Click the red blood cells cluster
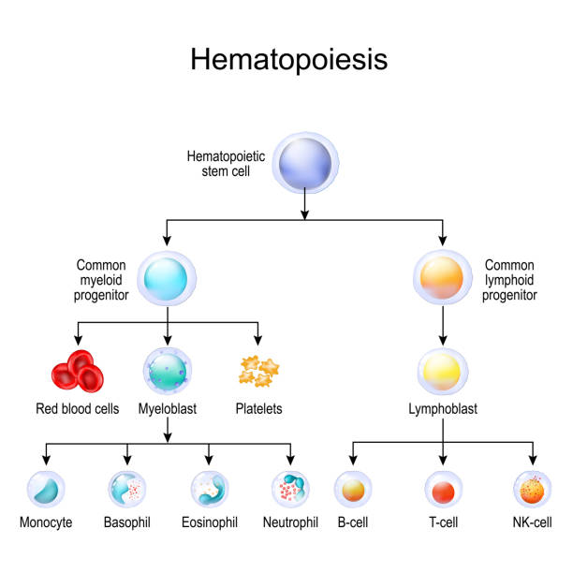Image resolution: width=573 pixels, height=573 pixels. click(76, 371)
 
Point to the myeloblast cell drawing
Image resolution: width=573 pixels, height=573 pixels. click(168, 372)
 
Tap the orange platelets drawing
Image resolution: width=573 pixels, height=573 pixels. click(259, 372)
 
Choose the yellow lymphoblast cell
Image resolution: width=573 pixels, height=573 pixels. click(442, 372)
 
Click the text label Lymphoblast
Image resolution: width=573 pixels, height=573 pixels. click(442, 409)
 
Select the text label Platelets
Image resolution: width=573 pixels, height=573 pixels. click(259, 409)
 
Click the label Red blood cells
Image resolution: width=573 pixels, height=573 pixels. click(77, 409)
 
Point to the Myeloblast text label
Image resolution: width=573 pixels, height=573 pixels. click(168, 409)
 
